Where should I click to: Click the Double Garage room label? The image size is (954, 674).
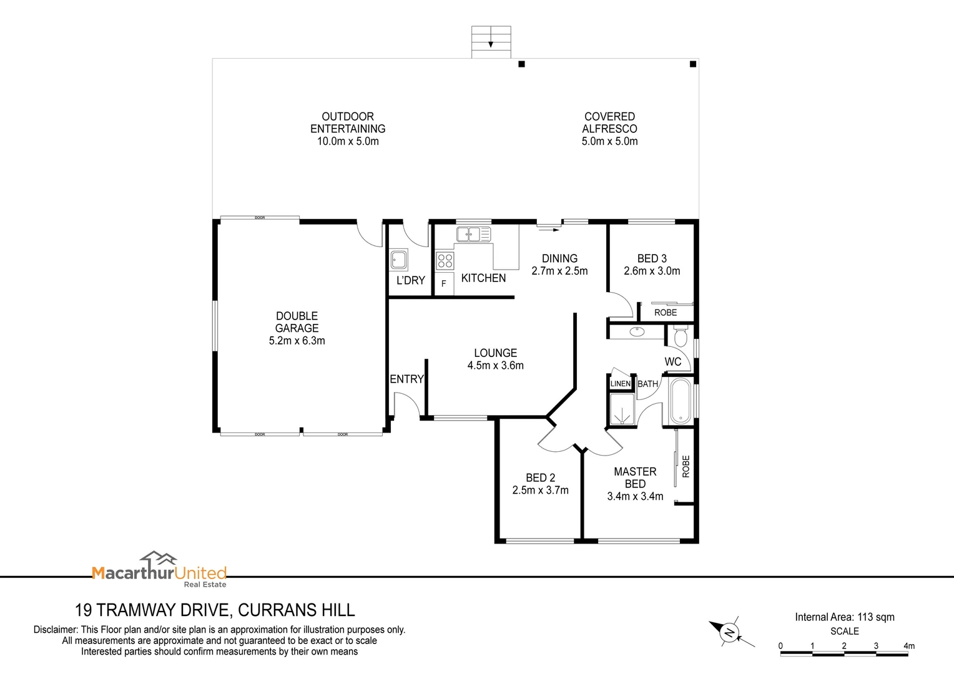(297, 322)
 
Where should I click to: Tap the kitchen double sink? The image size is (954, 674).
(473, 234)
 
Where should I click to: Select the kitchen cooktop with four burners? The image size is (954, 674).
(445, 260)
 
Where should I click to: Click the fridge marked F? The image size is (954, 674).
(444, 283)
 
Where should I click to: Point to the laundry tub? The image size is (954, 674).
(398, 260)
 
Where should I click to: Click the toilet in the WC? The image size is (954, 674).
(680, 337)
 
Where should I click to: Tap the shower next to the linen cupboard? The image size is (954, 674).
(621, 409)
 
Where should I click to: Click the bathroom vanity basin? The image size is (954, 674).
(637, 331)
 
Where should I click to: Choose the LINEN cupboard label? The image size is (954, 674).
(620, 383)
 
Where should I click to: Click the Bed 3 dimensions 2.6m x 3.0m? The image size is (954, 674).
(652, 271)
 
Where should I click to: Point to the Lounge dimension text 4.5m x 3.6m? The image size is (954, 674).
(495, 366)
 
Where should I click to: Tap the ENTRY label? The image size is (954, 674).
(406, 379)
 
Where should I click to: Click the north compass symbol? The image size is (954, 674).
(729, 633)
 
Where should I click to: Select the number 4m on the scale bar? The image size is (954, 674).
(909, 646)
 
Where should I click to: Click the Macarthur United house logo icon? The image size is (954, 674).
(158, 559)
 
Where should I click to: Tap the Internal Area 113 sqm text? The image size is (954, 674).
(844, 617)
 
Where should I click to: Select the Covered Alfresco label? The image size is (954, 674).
(609, 122)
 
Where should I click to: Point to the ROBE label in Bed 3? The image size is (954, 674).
(666, 312)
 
